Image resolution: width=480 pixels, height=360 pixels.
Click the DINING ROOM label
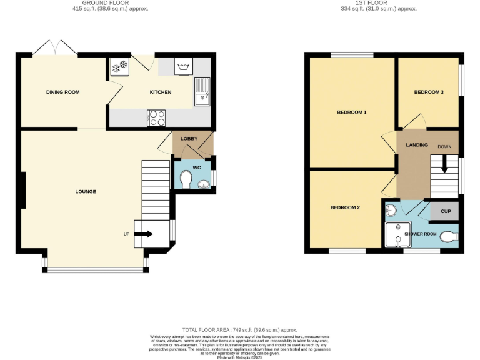(x=62, y=92)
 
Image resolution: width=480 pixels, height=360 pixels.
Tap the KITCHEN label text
(x=160, y=92)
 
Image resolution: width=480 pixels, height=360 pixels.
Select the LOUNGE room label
(x=86, y=191)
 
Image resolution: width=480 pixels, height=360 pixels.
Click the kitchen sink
(x=202, y=91)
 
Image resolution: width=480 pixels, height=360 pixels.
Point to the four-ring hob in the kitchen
(x=156, y=116)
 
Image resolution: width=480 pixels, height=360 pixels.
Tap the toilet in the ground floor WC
(x=186, y=180)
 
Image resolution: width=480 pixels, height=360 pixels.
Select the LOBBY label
(x=189, y=138)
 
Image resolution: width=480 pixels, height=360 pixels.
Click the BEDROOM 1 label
(x=351, y=112)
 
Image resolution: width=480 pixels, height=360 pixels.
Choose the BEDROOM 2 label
(x=345, y=207)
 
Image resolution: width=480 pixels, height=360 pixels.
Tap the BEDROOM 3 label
(x=429, y=92)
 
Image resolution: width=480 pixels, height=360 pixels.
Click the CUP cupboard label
(x=445, y=211)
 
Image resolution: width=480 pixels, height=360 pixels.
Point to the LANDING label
(x=417, y=145)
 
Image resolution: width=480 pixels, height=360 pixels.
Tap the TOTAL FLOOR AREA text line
(x=239, y=329)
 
